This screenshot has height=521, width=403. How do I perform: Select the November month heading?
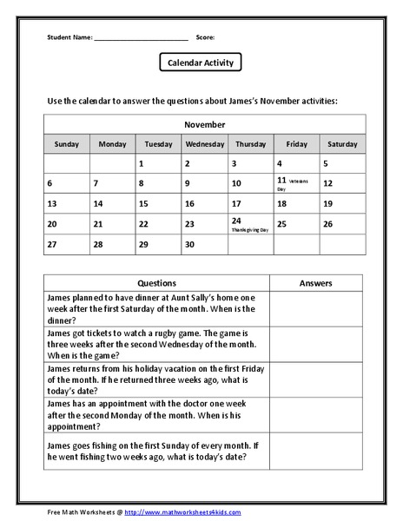(x=204, y=124)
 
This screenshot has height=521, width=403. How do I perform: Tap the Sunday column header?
(x=67, y=143)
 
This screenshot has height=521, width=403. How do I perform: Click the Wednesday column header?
(x=205, y=143)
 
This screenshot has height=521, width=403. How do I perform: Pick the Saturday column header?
(x=342, y=143)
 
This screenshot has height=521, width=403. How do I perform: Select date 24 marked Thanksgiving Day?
(x=236, y=221)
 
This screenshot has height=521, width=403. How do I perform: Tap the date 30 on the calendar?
(x=189, y=244)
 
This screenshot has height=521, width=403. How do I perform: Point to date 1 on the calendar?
(x=141, y=163)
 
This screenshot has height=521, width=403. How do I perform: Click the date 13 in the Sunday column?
(x=52, y=204)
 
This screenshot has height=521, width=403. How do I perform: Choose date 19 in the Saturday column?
(x=328, y=204)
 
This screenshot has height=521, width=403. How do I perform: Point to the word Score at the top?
(x=205, y=37)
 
